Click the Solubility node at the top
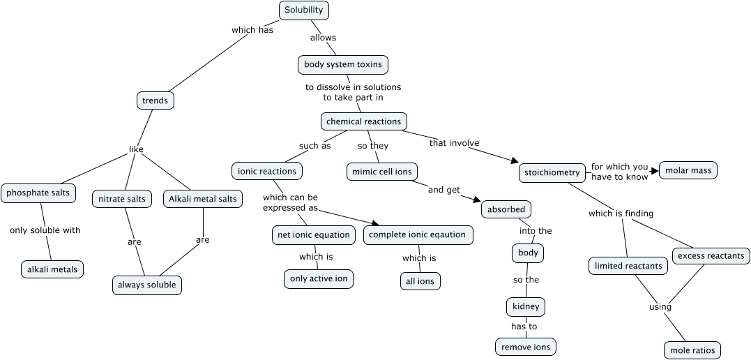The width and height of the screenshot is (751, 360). pyautogui.click(x=303, y=10)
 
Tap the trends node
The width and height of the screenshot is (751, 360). pyautogui.click(x=155, y=100)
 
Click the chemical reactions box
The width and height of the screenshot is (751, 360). pyautogui.click(x=363, y=121)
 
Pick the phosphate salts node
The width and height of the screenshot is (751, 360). pyautogui.click(x=38, y=193)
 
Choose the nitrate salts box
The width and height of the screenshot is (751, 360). pyautogui.click(x=122, y=199)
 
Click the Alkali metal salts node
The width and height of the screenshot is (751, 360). pyautogui.click(x=203, y=199)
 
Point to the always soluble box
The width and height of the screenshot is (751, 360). pyautogui.click(x=147, y=285)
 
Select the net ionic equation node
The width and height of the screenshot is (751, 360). pyautogui.click(x=314, y=235)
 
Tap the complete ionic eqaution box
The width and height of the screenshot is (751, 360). pyautogui.click(x=418, y=235)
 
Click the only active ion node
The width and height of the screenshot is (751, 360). pyautogui.click(x=318, y=279)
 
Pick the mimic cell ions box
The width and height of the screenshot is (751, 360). pyautogui.click(x=381, y=171)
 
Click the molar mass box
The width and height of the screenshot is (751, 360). pyautogui.click(x=688, y=170)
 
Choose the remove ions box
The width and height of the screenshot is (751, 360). pyautogui.click(x=526, y=347)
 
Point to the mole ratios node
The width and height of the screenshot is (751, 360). pyautogui.click(x=691, y=350)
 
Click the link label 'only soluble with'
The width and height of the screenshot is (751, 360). pyautogui.click(x=45, y=230)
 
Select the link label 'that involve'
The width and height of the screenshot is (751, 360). pyautogui.click(x=454, y=143)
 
